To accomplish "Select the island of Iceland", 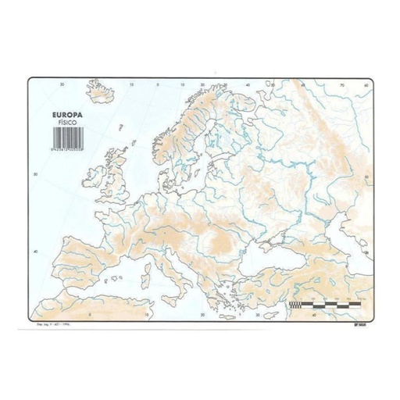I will point(102,94).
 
